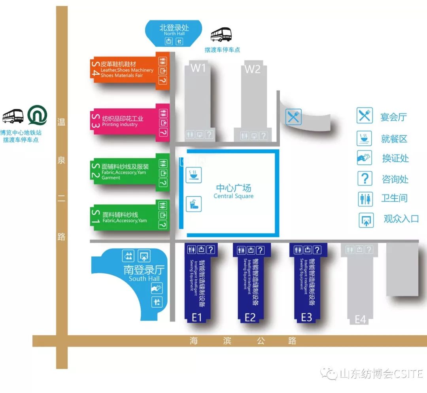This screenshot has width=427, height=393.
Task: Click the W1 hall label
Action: pyautogui.click(x=198, y=68)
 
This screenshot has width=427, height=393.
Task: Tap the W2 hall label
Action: pyautogui.click(x=253, y=69)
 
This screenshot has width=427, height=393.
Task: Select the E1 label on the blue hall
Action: pyautogui.click(x=197, y=317)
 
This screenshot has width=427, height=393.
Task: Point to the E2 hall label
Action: pyautogui.click(x=250, y=317)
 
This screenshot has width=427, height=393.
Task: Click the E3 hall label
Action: pyautogui.click(x=307, y=317)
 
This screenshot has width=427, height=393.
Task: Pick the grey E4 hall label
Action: pyautogui.click(x=360, y=319)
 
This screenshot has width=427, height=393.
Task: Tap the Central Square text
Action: pyautogui.click(x=233, y=196)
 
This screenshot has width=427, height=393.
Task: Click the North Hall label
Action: pyautogui.click(x=174, y=34)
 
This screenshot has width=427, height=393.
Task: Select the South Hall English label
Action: pyautogui.click(x=144, y=279)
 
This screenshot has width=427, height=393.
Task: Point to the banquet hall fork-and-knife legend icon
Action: pyautogui.click(x=365, y=115)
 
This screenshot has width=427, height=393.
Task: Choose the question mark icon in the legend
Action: pyautogui.click(x=365, y=178)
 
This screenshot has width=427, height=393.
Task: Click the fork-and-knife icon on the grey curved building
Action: pyautogui.click(x=293, y=117)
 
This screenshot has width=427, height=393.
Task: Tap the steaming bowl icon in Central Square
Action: pyautogui.click(x=194, y=175)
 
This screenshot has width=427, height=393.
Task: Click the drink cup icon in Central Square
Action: pyautogui.click(x=194, y=204)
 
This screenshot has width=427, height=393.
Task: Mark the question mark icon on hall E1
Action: pyautogui.click(x=211, y=249)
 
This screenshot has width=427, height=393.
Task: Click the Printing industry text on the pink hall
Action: pyautogui.click(x=120, y=125)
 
